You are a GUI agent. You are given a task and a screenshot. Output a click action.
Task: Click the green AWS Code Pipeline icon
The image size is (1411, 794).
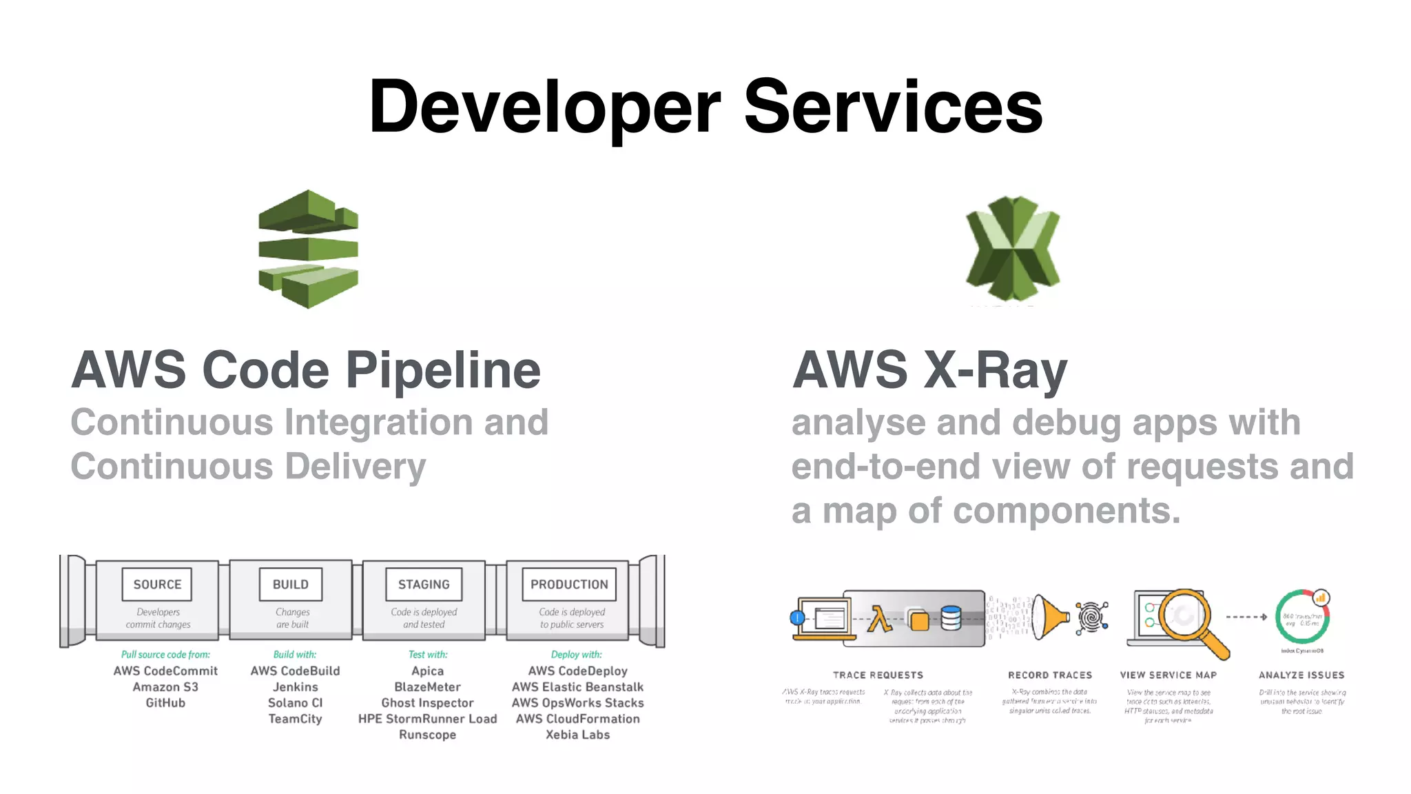[x=308, y=249]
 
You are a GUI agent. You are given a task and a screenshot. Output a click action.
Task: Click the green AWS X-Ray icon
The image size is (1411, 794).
[x=1012, y=249]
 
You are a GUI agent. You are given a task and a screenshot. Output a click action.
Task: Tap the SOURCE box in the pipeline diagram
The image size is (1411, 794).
[x=157, y=584]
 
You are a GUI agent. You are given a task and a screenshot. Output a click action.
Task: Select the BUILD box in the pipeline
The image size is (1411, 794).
[x=291, y=584]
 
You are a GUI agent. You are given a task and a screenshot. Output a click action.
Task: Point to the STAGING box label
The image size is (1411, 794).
[x=424, y=584]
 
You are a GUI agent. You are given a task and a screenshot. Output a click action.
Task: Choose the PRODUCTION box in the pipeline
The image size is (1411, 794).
[x=569, y=584]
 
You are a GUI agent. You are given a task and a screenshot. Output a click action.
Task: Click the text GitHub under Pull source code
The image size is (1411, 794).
[x=165, y=703]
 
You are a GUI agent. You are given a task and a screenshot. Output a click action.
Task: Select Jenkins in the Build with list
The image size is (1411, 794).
[x=295, y=687]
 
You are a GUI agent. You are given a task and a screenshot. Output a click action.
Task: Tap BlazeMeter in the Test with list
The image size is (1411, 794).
[x=427, y=687]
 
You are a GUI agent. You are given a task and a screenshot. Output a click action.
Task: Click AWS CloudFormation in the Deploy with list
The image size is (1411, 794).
[x=577, y=719]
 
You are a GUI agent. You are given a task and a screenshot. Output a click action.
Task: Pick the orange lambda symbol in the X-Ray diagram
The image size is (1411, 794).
[x=878, y=619]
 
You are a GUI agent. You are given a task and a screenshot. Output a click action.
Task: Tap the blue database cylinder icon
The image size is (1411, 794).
[x=951, y=618]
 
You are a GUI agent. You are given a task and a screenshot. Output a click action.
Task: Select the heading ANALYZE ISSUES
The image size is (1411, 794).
[x=1301, y=675]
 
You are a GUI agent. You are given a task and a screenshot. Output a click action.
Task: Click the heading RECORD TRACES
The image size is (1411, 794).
[x=1050, y=675]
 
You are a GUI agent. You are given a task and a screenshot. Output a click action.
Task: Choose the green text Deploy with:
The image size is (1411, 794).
[x=576, y=655]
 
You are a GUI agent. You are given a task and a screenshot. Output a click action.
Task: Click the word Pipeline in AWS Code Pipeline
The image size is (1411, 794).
[x=442, y=371]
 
